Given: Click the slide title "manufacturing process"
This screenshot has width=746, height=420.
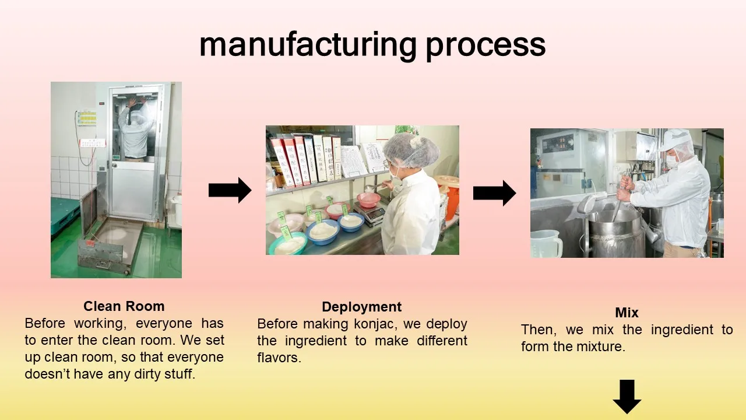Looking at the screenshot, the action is (372, 45).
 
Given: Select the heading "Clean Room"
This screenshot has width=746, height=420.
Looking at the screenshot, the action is (124, 306).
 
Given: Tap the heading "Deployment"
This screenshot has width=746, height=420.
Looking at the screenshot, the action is (361, 307).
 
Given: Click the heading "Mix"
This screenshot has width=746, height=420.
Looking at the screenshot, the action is (627, 313).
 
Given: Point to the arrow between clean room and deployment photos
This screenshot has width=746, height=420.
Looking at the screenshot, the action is (230, 190).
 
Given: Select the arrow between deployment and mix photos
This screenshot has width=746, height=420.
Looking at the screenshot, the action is (494, 192).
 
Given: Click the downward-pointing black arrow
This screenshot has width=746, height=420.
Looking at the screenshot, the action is (627, 396).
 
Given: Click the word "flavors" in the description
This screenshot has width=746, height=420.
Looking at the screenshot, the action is (277, 358).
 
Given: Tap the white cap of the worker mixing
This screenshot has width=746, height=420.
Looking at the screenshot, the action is (676, 140).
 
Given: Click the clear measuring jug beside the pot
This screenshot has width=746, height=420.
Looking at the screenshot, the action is (546, 243).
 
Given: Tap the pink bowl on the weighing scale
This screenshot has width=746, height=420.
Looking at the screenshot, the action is (368, 199).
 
